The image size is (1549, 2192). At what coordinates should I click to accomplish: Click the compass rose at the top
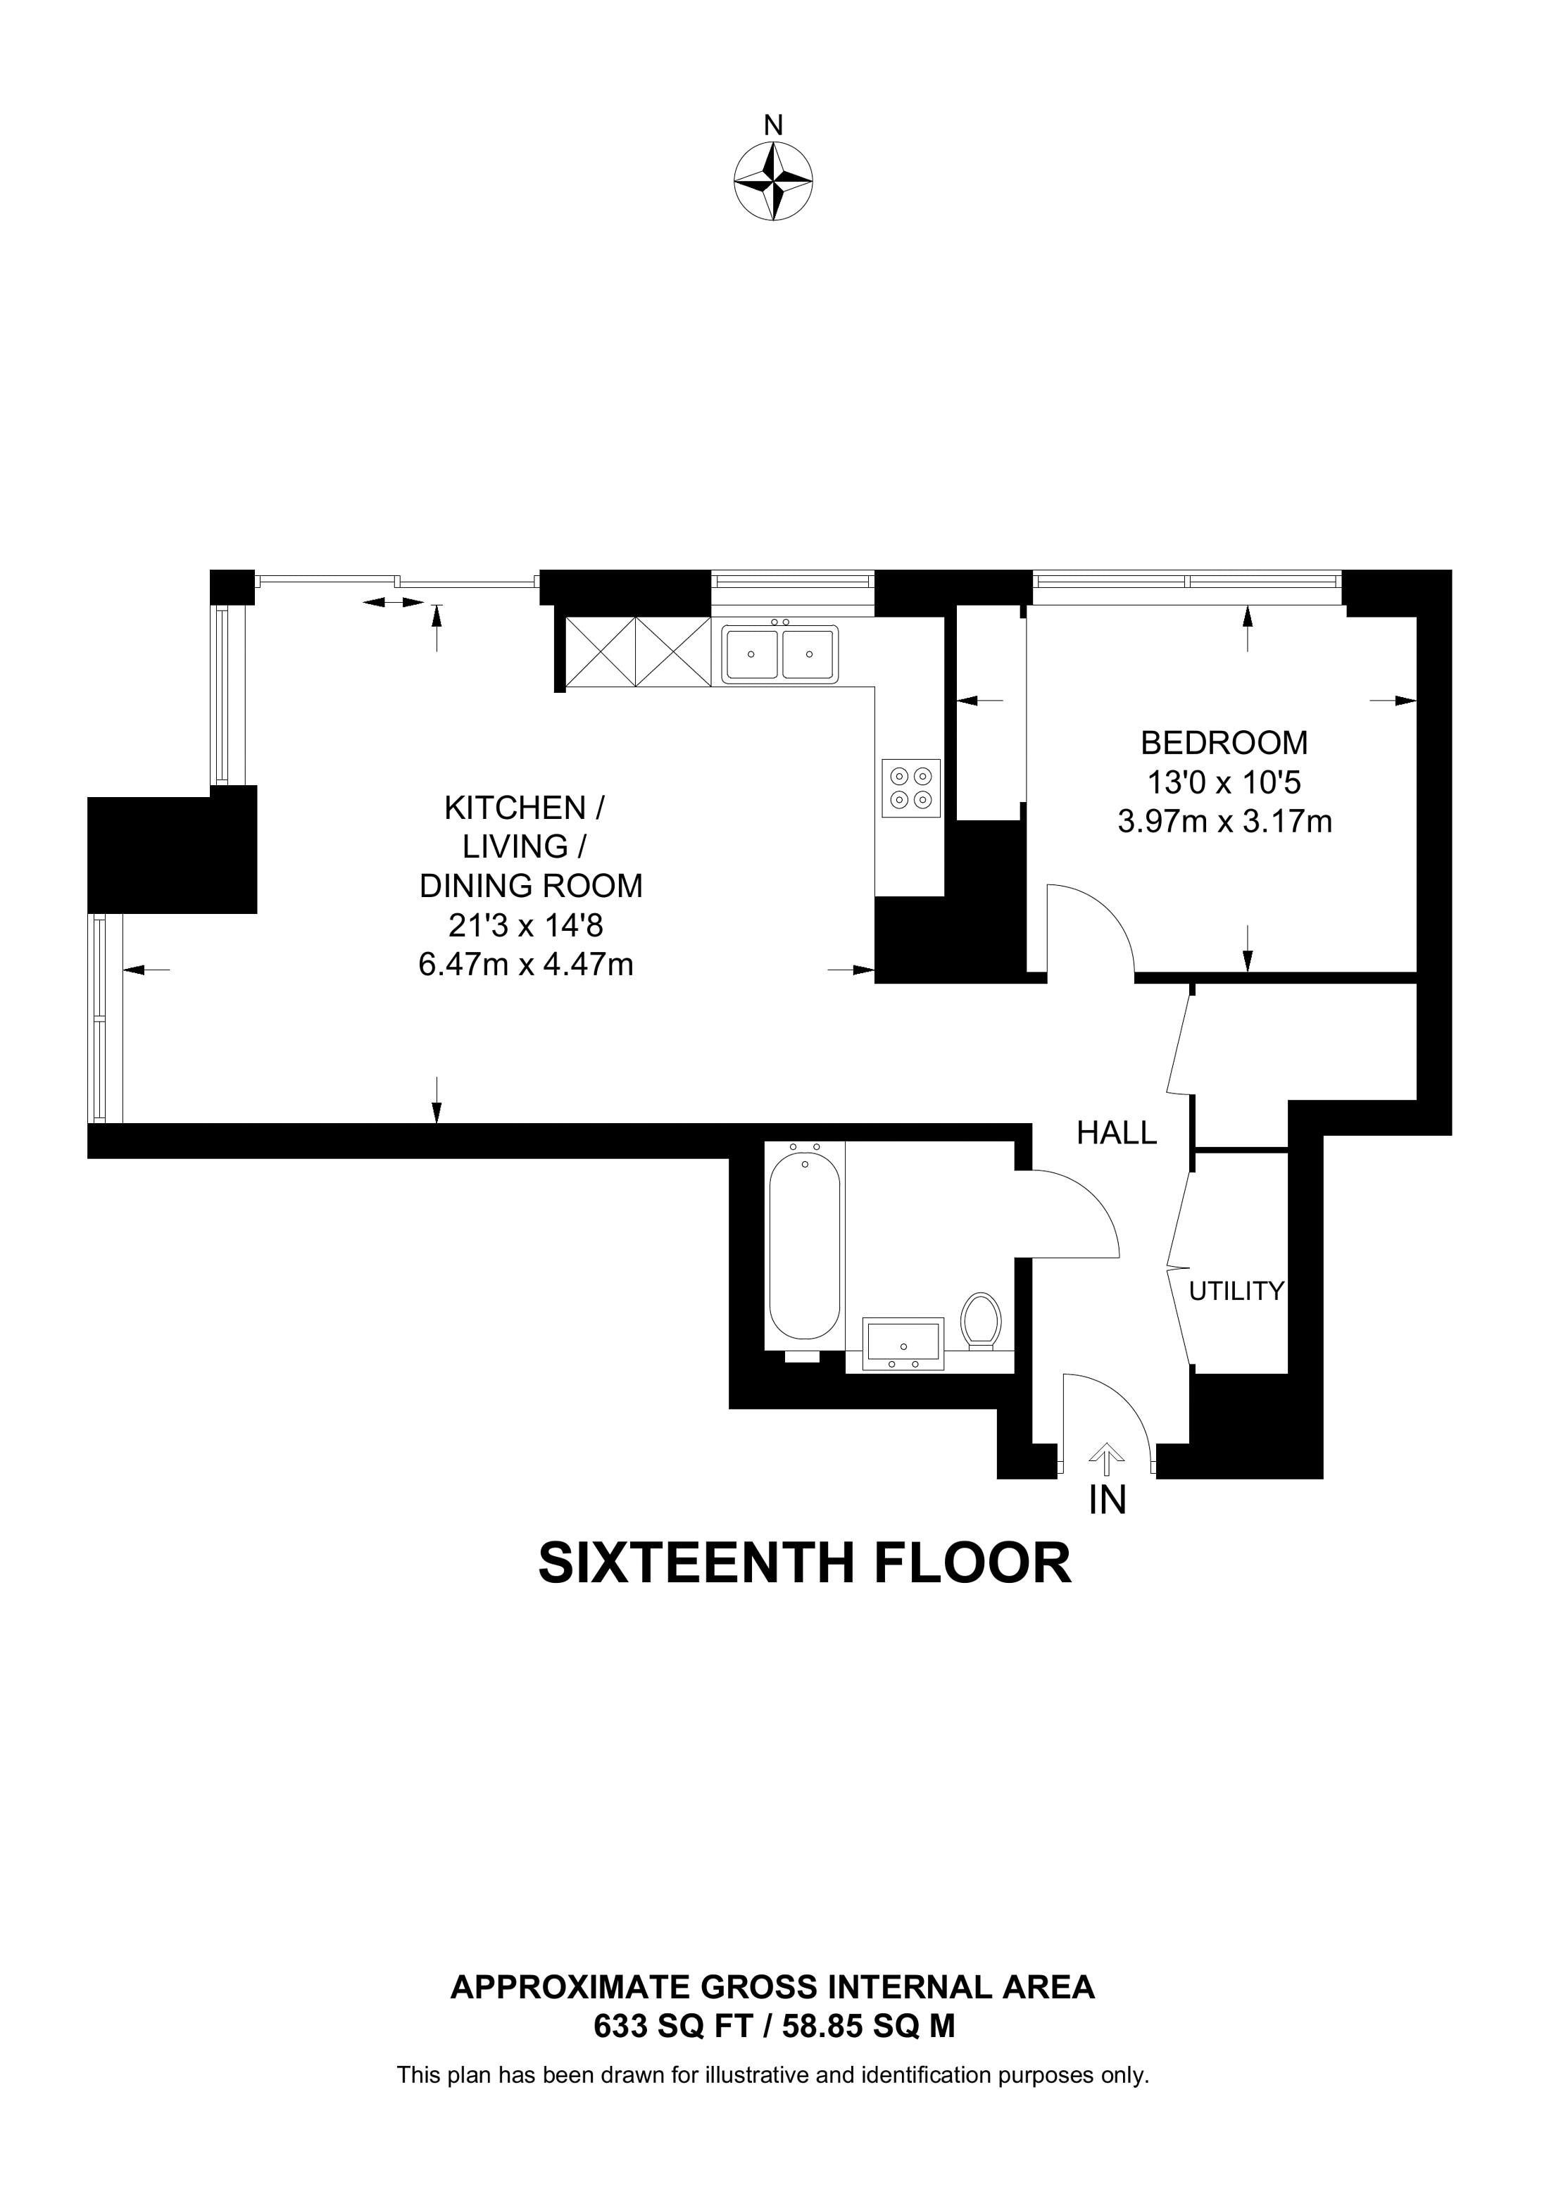(773, 182)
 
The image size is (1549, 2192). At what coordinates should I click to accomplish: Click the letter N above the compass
(773, 125)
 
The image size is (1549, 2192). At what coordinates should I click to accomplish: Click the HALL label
(1116, 1133)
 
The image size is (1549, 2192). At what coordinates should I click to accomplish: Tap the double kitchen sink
(779, 654)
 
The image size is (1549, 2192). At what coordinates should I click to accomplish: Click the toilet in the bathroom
(980, 1320)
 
